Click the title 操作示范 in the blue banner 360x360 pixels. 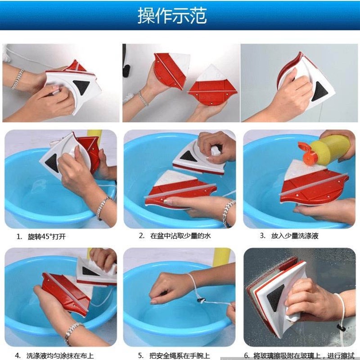172,15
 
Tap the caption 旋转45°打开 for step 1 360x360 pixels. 47,237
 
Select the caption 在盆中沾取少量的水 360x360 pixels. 180,236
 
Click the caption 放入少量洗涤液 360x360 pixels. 295,236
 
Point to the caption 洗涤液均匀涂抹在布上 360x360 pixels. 60,356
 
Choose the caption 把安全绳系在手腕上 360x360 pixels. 180,356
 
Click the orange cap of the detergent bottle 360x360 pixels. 308,154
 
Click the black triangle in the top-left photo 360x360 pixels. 81,87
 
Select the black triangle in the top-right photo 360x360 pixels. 320,92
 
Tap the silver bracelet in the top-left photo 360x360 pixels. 18,79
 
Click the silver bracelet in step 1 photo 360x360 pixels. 103,208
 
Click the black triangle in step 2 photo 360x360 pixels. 188,156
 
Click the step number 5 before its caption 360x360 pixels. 141,356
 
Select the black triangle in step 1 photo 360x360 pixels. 52,162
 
